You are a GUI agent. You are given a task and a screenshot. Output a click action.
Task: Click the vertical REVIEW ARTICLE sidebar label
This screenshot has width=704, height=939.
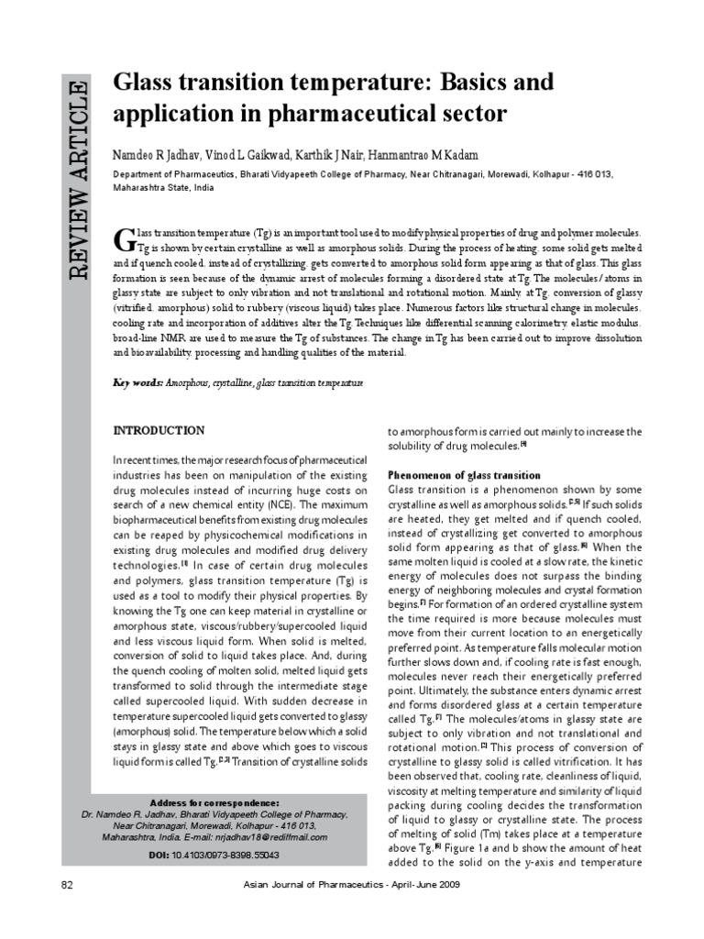click(x=73, y=180)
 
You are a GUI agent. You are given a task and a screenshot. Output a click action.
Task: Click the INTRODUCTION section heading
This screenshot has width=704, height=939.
click(x=159, y=430)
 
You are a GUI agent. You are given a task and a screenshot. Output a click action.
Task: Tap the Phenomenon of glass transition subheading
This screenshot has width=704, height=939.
click(x=465, y=476)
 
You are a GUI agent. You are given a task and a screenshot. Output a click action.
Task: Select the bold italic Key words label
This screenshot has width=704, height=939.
click(x=137, y=382)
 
